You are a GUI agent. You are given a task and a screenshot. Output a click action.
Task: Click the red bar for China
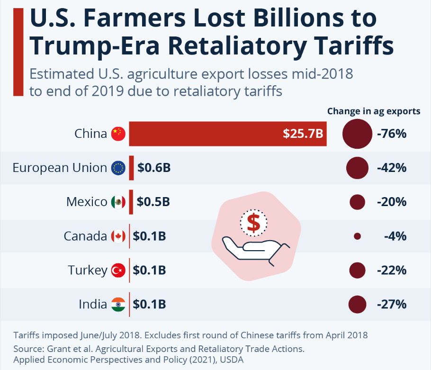[204, 134]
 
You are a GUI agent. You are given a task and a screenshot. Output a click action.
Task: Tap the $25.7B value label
[303, 134]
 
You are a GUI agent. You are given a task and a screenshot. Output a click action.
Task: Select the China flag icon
[118, 134]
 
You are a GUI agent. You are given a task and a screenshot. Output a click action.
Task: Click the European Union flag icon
[118, 168]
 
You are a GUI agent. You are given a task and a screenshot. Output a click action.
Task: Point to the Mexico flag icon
[118, 202]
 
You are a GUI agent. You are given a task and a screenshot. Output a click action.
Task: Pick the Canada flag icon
[118, 236]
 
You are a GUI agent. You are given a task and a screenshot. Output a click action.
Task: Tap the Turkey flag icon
[118, 271]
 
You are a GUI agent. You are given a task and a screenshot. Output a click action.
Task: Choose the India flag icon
[118, 304]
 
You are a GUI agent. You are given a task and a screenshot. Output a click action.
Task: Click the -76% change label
[392, 134]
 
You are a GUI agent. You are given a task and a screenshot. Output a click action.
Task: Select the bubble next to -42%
[357, 168]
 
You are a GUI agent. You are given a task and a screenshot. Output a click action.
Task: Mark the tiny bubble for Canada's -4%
[357, 236]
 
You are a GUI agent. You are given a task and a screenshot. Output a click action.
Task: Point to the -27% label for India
[392, 304]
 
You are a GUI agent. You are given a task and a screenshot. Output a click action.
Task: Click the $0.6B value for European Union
[154, 168]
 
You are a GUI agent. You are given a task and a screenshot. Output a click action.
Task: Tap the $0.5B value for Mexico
[153, 202]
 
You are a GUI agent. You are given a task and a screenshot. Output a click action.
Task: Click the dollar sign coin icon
[253, 223]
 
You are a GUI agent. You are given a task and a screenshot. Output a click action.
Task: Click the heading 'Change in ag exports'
[373, 111]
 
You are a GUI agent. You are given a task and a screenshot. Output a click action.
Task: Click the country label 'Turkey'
[88, 271]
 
